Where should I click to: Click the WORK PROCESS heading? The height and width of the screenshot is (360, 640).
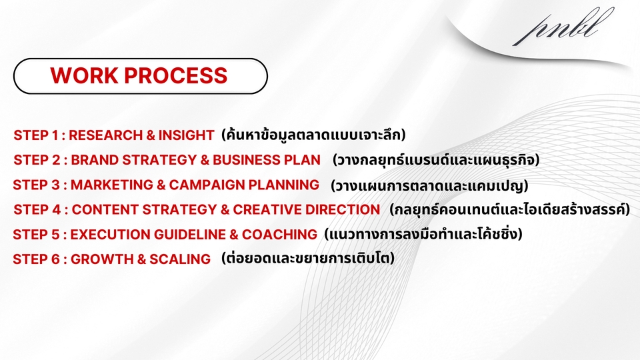[139, 75]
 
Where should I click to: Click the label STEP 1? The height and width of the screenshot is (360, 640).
[35, 135]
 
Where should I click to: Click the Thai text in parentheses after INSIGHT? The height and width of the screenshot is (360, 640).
[313, 135]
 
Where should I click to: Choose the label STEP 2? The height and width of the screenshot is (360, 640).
[35, 160]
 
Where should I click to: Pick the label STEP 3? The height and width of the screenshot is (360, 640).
[35, 185]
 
